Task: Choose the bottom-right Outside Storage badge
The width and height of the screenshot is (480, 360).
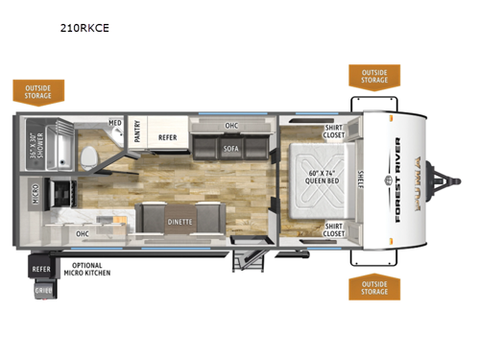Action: pyautogui.click(x=374, y=286)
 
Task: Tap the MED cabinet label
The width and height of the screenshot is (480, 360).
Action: pyautogui.click(x=114, y=124)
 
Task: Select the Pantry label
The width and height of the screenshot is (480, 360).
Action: pyautogui.click(x=136, y=136)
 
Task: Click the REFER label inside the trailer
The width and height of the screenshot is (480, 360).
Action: pyautogui.click(x=168, y=137)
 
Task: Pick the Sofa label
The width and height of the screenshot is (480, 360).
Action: pyautogui.click(x=230, y=150)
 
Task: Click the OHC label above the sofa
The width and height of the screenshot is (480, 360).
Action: pyautogui.click(x=231, y=125)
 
